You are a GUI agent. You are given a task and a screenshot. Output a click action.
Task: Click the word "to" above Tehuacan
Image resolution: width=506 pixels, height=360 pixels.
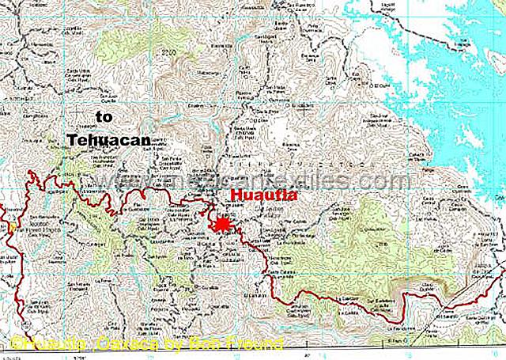pyautogui.click(x=104, y=117)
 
